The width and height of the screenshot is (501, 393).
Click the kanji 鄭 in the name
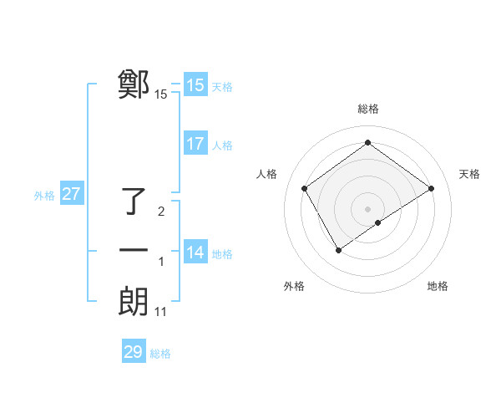134,84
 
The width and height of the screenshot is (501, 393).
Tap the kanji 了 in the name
135,202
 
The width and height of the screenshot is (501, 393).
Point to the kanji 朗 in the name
134,301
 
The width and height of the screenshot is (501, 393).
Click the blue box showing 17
195,144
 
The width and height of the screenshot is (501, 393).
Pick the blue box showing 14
195,253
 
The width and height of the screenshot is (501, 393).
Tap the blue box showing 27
72,195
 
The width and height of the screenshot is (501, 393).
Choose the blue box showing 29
134,352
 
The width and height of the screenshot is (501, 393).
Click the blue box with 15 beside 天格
195,85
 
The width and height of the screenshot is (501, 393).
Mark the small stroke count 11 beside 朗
161,312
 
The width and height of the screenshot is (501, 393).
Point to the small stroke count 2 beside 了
161,212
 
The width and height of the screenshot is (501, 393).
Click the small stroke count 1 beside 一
161,263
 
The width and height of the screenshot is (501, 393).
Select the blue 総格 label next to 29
160,354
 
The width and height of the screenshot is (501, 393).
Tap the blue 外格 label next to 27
44,196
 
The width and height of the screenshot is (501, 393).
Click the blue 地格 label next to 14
222,254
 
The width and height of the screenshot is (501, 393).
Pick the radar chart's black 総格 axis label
367,109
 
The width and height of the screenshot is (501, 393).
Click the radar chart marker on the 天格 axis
432,188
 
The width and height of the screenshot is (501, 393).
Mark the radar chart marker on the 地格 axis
378,222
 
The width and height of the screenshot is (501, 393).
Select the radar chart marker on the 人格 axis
305,188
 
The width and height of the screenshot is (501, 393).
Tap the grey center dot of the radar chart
367,208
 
